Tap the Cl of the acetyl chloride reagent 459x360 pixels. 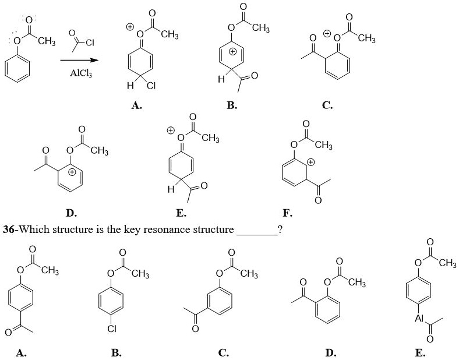89,42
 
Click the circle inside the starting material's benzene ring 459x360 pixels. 18,68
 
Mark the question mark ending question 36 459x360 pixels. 281,229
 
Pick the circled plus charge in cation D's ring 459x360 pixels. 72,172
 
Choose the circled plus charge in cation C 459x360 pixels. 328,34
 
